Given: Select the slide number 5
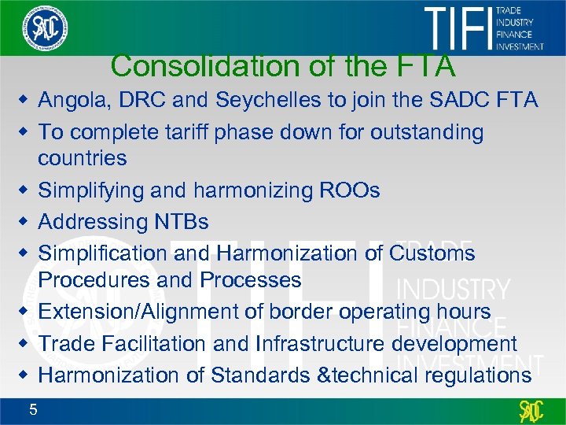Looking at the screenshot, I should (x=32, y=408).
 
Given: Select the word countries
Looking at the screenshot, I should (x=83, y=158).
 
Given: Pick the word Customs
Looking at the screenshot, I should (x=432, y=253).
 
